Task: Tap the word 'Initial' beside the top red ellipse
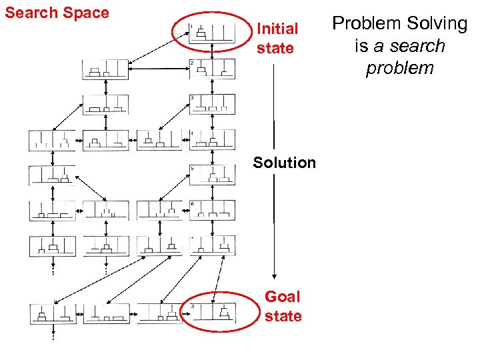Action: pos(277,29)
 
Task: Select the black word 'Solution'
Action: pos(285,163)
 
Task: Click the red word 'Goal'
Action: pos(283,297)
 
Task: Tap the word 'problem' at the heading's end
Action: pos(400,68)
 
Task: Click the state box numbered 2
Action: pos(212,69)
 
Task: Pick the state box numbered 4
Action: pos(212,139)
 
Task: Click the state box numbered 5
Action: pos(212,175)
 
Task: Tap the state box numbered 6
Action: pos(212,210)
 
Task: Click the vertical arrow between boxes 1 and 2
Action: pos(211,52)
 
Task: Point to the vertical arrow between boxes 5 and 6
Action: pos(211,193)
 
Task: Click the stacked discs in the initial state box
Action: pos(201,33)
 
